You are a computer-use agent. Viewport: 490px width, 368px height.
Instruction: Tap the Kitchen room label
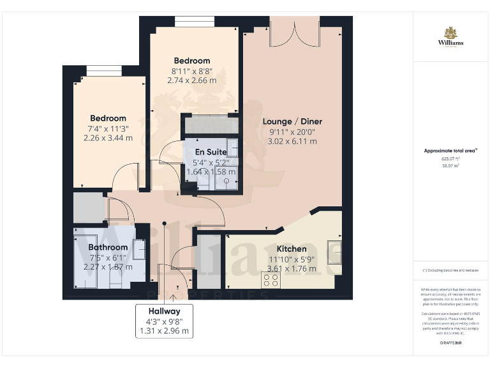(291, 249)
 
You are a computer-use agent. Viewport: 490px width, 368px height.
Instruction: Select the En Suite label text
(211, 151)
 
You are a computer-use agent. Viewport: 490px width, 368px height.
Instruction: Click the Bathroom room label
(108, 247)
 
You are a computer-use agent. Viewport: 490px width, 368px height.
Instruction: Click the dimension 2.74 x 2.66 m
(191, 80)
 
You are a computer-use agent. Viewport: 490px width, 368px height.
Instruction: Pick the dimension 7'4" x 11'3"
(108, 128)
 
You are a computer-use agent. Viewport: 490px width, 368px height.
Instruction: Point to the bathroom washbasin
(139, 249)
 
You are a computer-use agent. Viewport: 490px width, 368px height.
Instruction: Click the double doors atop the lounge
(294, 32)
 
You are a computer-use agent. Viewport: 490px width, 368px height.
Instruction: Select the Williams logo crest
(450, 33)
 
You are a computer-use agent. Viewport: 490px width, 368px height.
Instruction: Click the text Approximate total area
(450, 151)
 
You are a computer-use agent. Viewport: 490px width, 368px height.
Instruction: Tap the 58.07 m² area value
(450, 165)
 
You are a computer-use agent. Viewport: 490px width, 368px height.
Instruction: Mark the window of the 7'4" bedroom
(104, 71)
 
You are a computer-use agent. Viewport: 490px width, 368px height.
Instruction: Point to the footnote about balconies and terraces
(450, 270)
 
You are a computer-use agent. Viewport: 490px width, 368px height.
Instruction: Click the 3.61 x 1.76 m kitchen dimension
(291, 269)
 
